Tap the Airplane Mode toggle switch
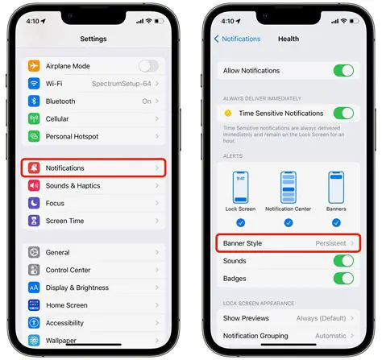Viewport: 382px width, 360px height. [x=148, y=66]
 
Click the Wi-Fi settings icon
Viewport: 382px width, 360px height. [x=35, y=84]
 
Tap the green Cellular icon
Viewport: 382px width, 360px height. [x=35, y=119]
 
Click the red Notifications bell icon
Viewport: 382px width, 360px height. [x=35, y=168]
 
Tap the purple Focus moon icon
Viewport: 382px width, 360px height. [x=35, y=204]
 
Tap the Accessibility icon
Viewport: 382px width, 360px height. [x=35, y=323]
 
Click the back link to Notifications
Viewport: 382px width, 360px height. [x=238, y=39]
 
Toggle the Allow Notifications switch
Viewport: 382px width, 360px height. [x=343, y=71]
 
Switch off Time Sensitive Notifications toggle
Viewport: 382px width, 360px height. [x=343, y=114]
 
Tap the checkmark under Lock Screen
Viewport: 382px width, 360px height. [x=241, y=223]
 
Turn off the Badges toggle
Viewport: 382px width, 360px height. [x=343, y=279]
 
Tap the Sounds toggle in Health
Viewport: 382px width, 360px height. [x=343, y=262]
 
